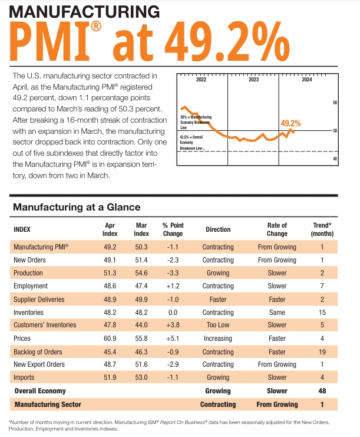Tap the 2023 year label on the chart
click(253, 79)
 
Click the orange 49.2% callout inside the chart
click(290, 123)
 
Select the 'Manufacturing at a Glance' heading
click(76, 207)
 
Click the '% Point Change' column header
click(173, 229)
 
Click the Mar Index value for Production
click(141, 273)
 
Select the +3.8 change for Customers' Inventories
click(173, 326)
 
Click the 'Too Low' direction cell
click(218, 326)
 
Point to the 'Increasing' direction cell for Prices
click(218, 339)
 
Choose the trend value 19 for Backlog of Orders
click(322, 352)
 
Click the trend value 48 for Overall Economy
click(322, 391)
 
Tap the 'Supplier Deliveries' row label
click(38, 299)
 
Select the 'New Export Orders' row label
click(38, 365)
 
